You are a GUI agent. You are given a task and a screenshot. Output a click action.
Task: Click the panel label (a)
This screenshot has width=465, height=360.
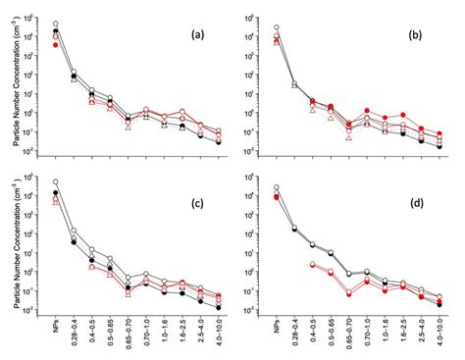point(197,31)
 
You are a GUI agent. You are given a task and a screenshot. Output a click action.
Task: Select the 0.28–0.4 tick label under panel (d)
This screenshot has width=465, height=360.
point(295,335)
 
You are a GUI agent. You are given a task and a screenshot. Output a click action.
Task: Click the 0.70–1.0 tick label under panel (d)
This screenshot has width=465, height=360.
point(368,335)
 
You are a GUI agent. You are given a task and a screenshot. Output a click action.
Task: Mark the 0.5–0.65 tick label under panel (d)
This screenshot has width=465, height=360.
point(332,335)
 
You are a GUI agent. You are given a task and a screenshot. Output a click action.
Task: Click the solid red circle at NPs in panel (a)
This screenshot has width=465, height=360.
point(56,45)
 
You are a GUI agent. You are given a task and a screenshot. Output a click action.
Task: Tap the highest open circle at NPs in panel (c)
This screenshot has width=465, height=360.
point(56,181)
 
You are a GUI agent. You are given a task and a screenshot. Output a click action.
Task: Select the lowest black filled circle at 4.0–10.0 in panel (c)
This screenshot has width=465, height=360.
point(218,307)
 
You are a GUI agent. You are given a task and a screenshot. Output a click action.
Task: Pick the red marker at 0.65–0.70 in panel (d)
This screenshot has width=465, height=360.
point(349,293)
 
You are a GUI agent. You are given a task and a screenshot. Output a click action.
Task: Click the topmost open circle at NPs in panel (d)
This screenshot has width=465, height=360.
point(277,187)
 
